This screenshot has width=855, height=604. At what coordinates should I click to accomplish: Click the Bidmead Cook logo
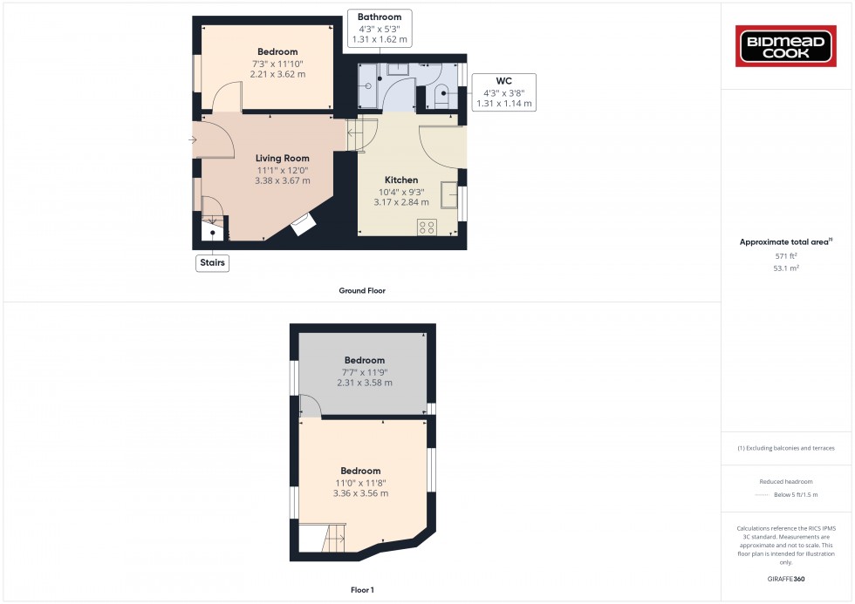pos(787,46)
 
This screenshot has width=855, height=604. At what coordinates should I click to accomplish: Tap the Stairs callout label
pos(212,262)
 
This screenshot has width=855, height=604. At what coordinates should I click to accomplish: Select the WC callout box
pos(503,92)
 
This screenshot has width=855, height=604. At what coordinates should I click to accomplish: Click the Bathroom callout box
pos(380,28)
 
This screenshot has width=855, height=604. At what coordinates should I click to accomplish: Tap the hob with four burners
pos(427,227)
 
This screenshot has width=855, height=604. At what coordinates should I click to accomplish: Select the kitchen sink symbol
pos(449,195)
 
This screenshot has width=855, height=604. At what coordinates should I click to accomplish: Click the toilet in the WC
pos(442,91)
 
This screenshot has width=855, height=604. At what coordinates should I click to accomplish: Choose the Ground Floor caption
pos(361,290)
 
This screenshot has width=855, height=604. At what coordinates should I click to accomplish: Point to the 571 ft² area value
pos(786,255)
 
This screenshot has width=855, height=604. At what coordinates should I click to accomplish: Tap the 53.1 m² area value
pos(786,268)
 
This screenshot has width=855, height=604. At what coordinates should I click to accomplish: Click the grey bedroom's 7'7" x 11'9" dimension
pos(364,371)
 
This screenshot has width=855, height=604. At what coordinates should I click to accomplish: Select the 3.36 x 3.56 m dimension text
pos(360,493)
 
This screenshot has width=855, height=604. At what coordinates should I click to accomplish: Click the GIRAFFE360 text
pos(786,578)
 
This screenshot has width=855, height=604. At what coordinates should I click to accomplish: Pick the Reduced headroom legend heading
pos(786,482)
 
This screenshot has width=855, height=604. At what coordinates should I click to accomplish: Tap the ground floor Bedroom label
pos(277,51)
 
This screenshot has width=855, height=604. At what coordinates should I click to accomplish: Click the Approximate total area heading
pos(786,241)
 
